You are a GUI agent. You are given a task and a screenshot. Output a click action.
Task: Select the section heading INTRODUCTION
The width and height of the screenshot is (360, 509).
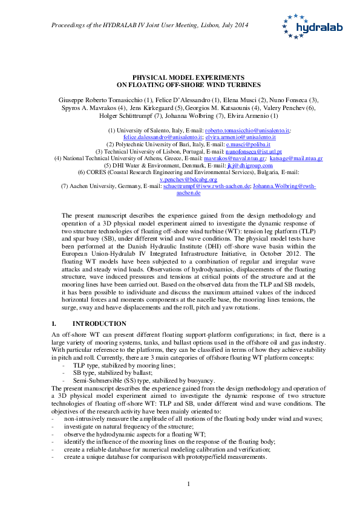(103, 323)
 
